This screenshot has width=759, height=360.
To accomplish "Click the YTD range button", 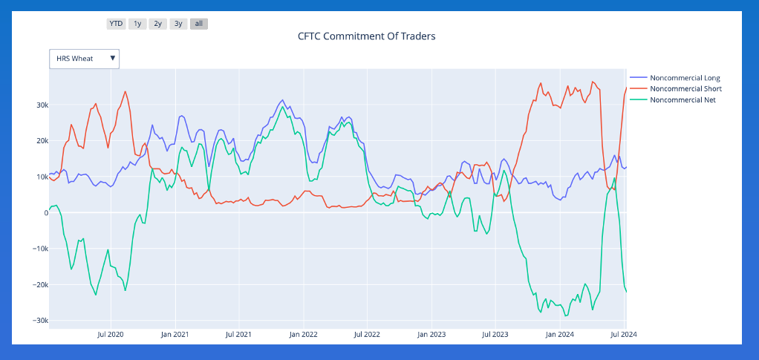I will pos(116,24).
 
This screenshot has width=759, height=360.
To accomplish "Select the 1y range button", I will pos(137,24).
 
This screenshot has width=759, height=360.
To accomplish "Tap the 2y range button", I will pos(157,24).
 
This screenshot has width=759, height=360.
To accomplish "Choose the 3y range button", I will pos(178,24).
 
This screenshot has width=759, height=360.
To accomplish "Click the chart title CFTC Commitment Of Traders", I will pos(366,36).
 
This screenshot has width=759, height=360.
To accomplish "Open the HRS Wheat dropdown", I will pos(85,59).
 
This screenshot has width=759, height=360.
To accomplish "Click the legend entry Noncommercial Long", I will pos(685,78).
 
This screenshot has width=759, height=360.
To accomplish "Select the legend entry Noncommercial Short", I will pos(685,89).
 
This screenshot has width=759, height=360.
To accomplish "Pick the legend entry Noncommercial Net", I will pos(683,99).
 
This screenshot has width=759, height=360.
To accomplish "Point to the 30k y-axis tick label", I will pos(41,105).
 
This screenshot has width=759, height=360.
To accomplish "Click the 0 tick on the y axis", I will pos(45,213).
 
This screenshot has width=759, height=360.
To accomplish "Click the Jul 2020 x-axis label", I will pos(110,335).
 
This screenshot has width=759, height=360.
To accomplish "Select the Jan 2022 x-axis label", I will pos(303,335).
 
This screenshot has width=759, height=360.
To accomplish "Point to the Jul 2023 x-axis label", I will pos(495,335).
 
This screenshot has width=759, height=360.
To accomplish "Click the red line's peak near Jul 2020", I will pos(125,92).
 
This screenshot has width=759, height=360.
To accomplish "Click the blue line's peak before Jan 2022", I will pos(282,100).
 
